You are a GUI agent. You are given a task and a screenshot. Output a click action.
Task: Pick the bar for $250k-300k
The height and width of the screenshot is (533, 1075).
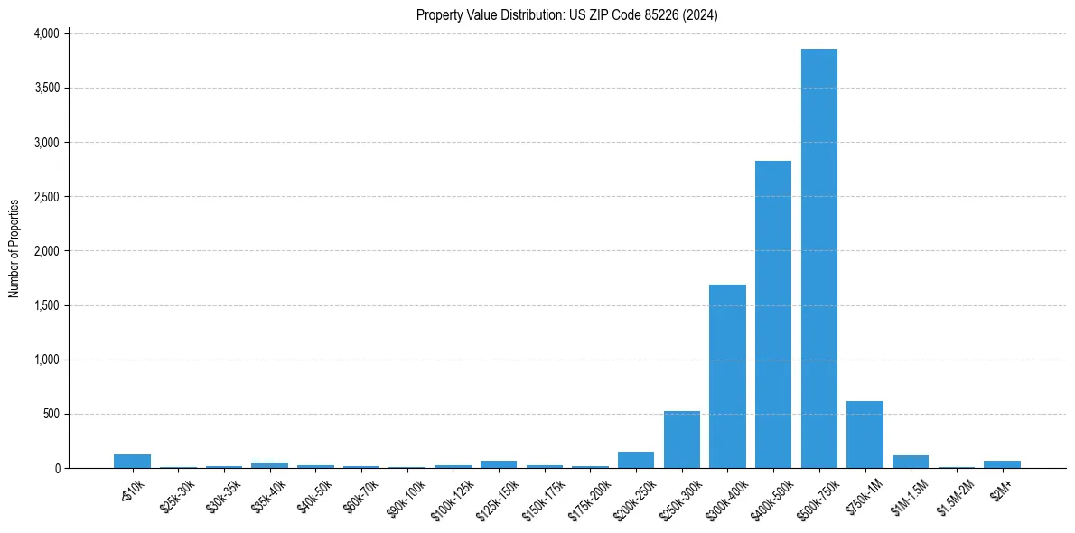tap(681, 440)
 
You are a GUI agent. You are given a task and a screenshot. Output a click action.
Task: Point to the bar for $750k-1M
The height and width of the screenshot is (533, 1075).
tap(865, 435)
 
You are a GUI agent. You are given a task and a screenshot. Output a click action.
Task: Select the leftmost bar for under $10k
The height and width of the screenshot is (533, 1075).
tap(132, 461)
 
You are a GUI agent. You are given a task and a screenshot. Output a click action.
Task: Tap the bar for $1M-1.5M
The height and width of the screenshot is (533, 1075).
tap(910, 462)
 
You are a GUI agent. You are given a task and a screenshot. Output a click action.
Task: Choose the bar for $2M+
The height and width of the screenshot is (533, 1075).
tap(1002, 464)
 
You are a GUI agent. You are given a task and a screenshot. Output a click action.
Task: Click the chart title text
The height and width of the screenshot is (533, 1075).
tap(567, 15)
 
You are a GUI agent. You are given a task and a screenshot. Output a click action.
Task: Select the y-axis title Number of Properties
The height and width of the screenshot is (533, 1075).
tap(14, 248)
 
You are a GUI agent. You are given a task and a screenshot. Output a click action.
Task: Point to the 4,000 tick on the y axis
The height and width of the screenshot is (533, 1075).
tap(45, 33)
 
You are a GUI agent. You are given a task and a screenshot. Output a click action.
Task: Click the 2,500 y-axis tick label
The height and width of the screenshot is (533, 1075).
tap(45, 197)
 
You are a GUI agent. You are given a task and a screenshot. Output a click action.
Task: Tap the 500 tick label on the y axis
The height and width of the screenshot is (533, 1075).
tap(51, 414)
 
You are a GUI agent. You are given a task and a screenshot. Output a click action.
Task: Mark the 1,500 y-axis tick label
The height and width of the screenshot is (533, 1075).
tap(45, 305)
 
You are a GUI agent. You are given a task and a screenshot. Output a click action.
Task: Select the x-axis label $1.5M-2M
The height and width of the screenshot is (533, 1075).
tap(954, 493)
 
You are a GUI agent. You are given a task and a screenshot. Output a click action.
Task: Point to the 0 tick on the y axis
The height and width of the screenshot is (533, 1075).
tap(56, 468)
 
